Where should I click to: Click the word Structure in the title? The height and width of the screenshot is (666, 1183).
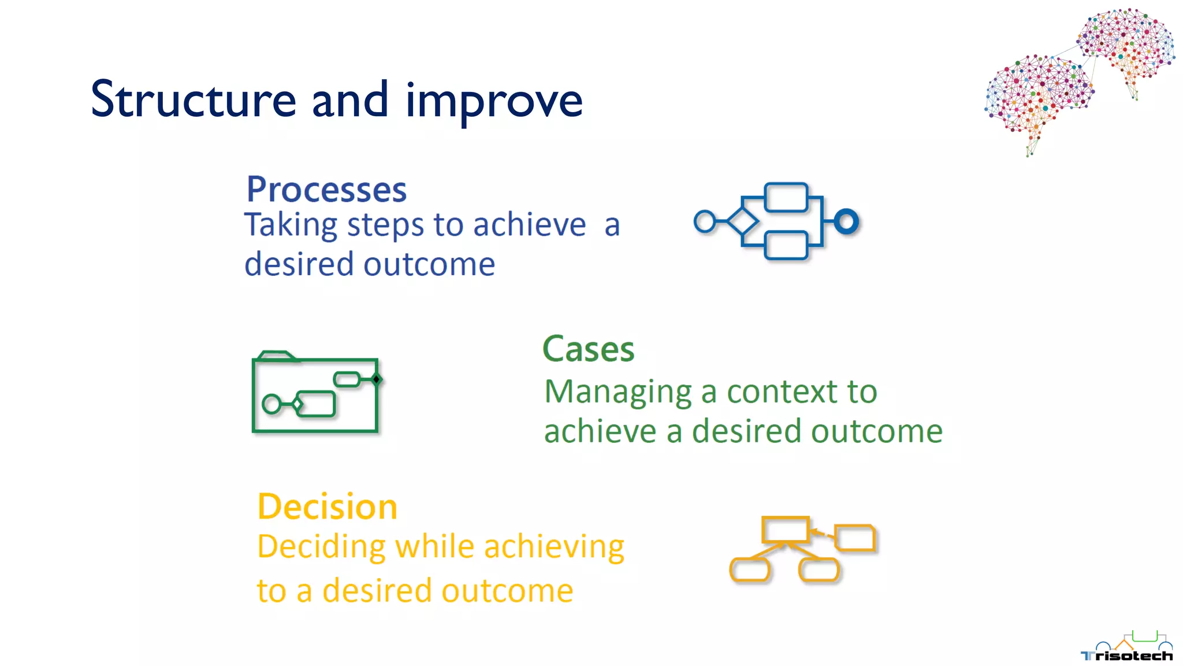194,99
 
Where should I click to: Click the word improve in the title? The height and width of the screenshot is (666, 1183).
494,102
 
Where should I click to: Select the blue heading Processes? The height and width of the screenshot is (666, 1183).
326,190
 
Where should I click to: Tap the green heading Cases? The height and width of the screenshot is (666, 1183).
588,349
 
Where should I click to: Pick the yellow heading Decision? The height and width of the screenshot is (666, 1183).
327,507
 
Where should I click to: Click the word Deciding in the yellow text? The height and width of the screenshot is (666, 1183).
321,546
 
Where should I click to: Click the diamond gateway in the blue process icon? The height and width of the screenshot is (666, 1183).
742,221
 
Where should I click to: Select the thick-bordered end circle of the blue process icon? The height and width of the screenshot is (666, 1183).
846,221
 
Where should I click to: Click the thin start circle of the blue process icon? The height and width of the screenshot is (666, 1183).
705,221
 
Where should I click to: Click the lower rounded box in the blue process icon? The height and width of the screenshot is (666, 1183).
786,245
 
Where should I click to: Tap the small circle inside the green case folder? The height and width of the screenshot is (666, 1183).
271,404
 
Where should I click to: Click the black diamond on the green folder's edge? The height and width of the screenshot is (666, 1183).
377,379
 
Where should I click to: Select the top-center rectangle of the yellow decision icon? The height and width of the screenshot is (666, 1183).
785,529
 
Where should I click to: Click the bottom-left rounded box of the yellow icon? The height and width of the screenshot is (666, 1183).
749,570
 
